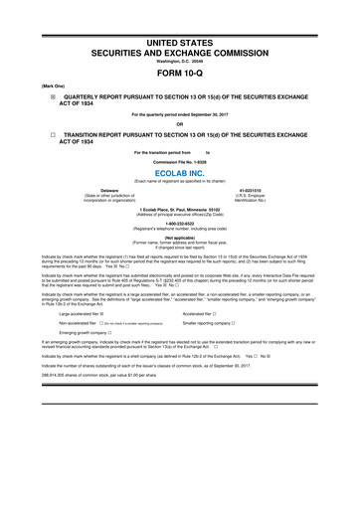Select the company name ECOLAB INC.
[x=180, y=172]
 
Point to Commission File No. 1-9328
[x=180, y=160]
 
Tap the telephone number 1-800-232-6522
[x=180, y=223]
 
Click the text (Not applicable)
[x=180, y=239]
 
